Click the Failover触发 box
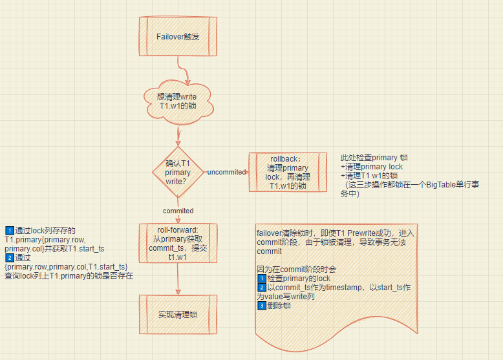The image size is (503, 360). tap(178, 37)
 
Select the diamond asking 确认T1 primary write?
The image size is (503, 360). tap(178, 172)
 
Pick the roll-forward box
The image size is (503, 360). tap(178, 244)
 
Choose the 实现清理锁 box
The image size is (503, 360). tap(178, 315)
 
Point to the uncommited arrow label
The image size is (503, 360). tap(226, 172)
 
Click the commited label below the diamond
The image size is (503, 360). tap(178, 211)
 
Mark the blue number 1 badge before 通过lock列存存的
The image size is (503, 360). tap(9, 231)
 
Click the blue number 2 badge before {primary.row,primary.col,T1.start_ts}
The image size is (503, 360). tap(9, 258)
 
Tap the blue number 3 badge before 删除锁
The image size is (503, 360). tap(261, 306)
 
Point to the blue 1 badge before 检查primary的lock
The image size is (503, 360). tap(261, 279)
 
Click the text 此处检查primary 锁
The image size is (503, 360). tap(374, 158)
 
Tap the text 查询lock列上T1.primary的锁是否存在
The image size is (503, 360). tap(68, 276)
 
